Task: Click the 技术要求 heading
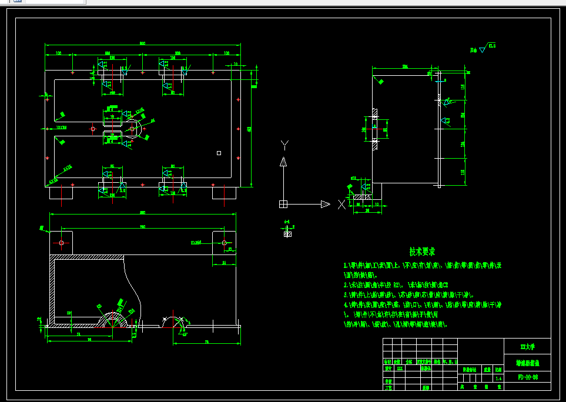tap(422, 252)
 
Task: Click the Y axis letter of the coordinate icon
tap(284, 145)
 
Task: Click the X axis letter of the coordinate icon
tap(341, 205)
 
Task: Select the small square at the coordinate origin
tap(283, 204)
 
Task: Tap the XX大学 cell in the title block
tap(527, 346)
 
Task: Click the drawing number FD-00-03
tap(527, 376)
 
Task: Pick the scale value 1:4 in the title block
tap(498, 379)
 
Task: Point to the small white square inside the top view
tap(219, 153)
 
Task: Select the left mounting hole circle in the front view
tap(62, 242)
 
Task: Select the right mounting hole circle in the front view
tap(224, 242)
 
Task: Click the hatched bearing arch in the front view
tap(115, 319)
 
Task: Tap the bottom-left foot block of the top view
tap(62, 192)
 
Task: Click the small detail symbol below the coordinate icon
tap(287, 233)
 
